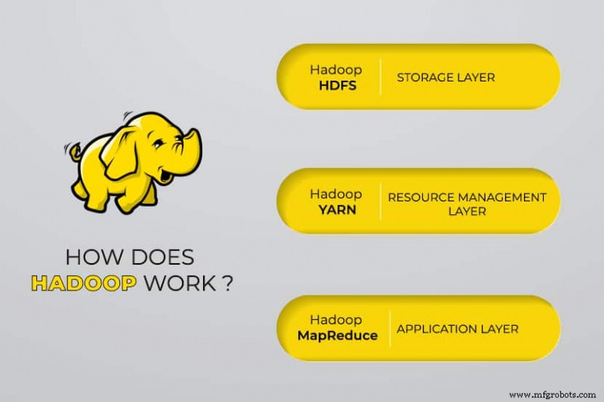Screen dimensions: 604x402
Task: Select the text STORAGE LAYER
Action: point(445,77)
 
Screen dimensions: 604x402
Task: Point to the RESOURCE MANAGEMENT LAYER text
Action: point(467,204)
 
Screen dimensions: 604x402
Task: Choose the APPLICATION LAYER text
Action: point(458,329)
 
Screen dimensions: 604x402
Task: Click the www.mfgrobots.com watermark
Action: point(552,394)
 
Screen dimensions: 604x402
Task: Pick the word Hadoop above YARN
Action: point(336,195)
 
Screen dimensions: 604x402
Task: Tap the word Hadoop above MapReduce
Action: point(336,320)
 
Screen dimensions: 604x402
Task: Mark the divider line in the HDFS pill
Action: point(380,76)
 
